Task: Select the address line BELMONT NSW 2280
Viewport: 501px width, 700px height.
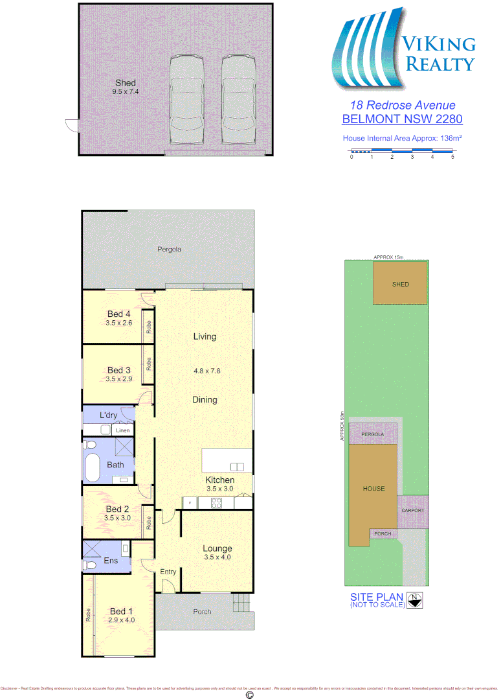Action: [x=402, y=119]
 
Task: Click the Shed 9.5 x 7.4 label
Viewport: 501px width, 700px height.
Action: [x=126, y=87]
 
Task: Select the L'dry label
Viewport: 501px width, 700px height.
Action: [x=108, y=415]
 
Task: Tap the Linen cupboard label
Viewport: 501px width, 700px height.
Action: [x=122, y=430]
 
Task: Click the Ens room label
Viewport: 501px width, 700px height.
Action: [x=111, y=561]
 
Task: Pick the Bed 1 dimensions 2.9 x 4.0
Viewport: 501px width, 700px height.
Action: [x=122, y=620]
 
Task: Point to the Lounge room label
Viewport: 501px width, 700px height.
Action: [x=217, y=548]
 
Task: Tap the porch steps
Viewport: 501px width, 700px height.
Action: [x=241, y=605]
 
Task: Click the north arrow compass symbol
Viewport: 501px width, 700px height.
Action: [x=417, y=600]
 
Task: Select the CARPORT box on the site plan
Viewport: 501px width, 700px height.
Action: [x=412, y=511]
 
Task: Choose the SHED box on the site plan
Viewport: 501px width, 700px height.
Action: [x=400, y=284]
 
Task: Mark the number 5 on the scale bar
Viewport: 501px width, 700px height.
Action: [x=452, y=157]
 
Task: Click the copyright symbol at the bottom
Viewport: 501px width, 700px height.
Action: [x=250, y=695]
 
